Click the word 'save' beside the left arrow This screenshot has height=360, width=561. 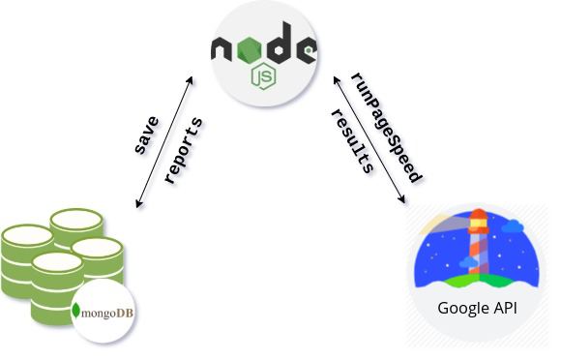tap(147, 135)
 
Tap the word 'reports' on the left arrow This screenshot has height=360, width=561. tap(184, 151)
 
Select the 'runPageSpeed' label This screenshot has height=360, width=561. tap(387, 128)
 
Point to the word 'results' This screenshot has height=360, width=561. tap(352, 141)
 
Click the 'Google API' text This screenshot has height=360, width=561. tap(477, 308)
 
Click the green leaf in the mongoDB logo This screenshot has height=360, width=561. tap(75, 311)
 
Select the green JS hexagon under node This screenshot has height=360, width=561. tap(264, 75)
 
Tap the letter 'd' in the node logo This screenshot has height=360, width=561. tap(280, 43)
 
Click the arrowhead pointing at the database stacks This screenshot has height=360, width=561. tap(138, 203)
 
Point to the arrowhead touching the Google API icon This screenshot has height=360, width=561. tap(401, 199)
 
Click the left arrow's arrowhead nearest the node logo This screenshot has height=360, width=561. tap(190, 80)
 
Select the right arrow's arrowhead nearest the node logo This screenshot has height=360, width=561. tap(337, 80)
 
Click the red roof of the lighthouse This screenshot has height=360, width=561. tap(479, 214)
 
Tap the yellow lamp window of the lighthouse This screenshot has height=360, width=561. tap(480, 224)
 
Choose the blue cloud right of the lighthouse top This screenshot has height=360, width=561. tap(513, 226)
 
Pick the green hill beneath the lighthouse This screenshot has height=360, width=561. tap(477, 281)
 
